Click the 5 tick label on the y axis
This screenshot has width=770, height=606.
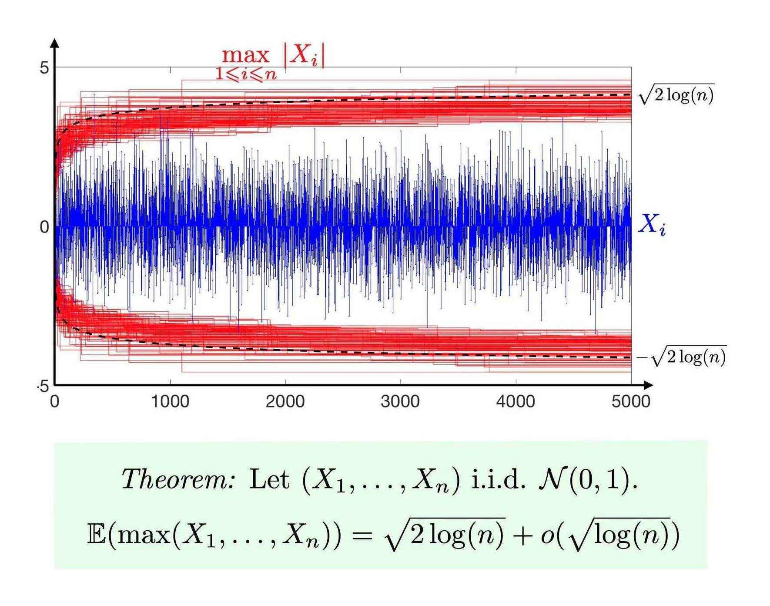coord(44,68)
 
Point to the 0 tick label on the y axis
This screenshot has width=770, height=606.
coord(44,227)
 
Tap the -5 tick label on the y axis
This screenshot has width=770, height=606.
coord(43,386)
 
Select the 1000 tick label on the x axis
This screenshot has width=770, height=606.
coord(170,401)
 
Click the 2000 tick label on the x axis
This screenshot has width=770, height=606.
coord(285,401)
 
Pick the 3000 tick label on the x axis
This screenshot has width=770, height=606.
coord(400,401)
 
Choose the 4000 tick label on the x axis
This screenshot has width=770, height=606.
coord(516,401)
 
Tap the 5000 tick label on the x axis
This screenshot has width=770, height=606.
coord(631,401)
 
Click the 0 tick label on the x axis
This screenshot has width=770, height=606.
coord(54,401)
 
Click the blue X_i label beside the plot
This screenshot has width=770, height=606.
coord(652,225)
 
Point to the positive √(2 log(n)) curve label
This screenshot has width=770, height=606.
coord(676,94)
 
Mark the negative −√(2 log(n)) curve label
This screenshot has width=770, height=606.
coord(681,357)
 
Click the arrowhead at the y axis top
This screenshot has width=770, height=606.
coord(55,43)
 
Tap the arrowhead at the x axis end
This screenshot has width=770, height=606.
coord(648,385)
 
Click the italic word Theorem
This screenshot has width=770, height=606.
coord(178,480)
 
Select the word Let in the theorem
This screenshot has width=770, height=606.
coord(269,480)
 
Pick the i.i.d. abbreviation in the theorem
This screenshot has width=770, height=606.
coord(499,480)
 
